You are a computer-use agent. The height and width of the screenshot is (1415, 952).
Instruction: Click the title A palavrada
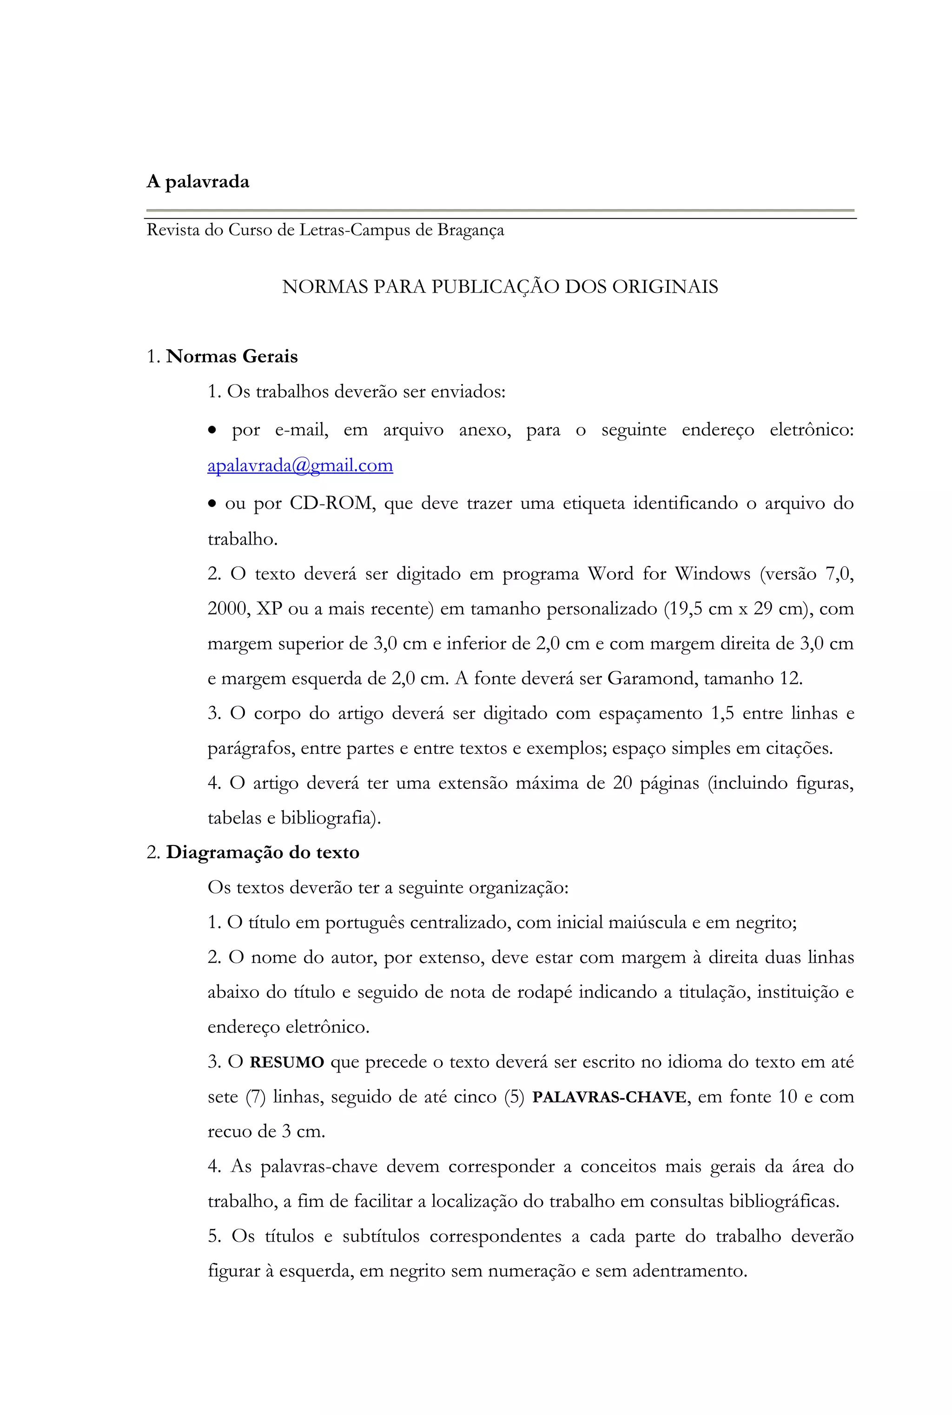pos(198,182)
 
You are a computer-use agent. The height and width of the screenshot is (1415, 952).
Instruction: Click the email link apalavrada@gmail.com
pos(300,465)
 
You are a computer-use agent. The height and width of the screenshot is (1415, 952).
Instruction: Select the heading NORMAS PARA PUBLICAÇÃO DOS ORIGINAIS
pos(500,287)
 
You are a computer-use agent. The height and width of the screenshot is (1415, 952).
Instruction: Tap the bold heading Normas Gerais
pos(232,356)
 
